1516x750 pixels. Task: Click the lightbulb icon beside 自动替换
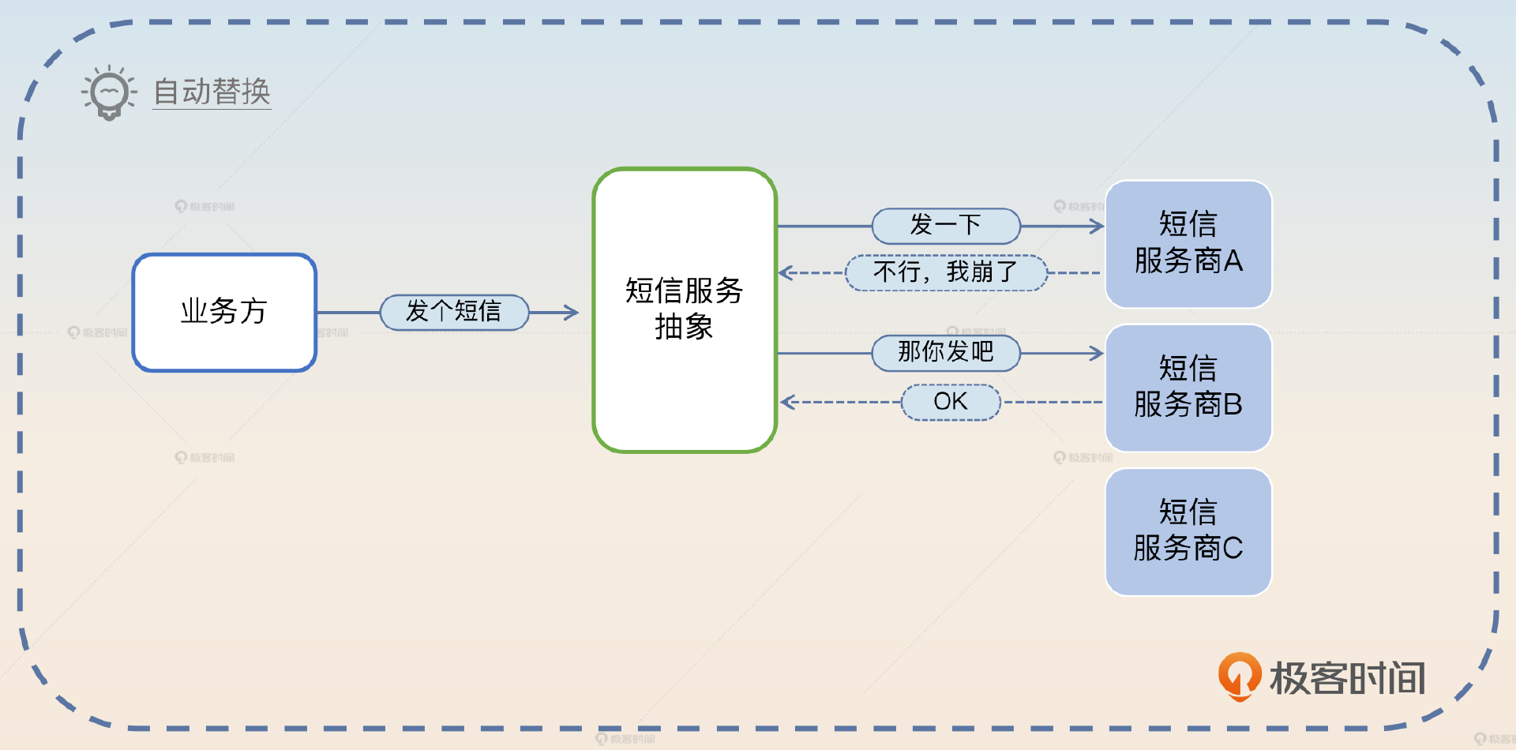(110, 92)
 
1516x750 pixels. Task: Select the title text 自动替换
(212, 92)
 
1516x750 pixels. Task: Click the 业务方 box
(224, 312)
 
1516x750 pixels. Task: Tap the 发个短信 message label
(454, 312)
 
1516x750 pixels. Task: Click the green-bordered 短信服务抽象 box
(685, 309)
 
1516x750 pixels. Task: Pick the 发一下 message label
(946, 226)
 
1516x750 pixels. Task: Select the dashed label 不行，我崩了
(946, 272)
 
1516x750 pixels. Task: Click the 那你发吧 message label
(946, 352)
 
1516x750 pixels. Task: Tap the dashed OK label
(951, 402)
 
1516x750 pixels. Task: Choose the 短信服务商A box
(1188, 243)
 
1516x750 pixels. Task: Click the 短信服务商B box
(1188, 388)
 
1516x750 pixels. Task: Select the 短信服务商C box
(1188, 531)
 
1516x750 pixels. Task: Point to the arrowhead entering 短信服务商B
(1097, 353)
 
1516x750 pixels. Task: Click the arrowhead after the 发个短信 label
(572, 313)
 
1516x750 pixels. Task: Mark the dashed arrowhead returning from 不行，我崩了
(785, 273)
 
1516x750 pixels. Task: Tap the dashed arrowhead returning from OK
(786, 403)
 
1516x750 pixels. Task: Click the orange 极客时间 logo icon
(1240, 676)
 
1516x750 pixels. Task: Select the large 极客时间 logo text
(1347, 678)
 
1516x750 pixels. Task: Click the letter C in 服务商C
(1232, 548)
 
